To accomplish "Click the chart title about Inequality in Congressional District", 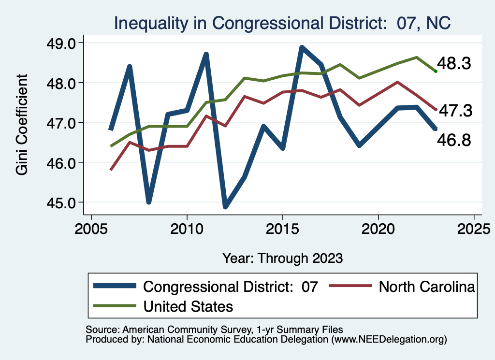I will pos(282,23).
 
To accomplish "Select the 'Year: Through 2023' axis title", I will pos(282,258).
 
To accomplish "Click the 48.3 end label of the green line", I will pos(454,64).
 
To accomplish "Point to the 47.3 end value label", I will pos(454,111).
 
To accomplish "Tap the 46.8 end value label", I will pos(454,140).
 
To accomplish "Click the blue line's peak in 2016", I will pos(302,47).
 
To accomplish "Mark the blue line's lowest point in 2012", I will pos(225,206).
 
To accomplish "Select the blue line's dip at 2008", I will pos(149,202).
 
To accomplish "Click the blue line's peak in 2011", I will pos(206,54).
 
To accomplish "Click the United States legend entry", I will pos(189,306).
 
